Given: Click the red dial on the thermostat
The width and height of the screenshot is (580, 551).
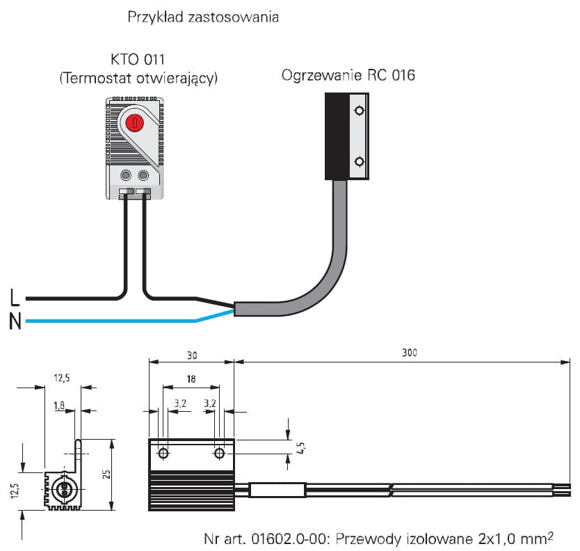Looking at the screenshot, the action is coord(135,122).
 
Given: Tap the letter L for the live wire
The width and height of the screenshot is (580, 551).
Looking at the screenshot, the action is coord(15,298).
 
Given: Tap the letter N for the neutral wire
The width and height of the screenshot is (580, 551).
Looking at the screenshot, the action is coord(15,321).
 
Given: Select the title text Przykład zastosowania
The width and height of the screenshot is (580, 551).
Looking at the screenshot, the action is coord(203,17).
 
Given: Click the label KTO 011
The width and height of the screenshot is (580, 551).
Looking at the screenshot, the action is coord(138,59).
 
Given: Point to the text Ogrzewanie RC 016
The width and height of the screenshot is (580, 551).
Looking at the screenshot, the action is coord(348,75).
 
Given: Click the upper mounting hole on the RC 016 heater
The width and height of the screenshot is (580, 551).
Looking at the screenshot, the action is coord(359,111).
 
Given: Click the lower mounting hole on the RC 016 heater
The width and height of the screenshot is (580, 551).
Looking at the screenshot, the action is coord(359,161).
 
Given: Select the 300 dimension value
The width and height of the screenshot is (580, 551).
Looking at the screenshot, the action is coord(410,352).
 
